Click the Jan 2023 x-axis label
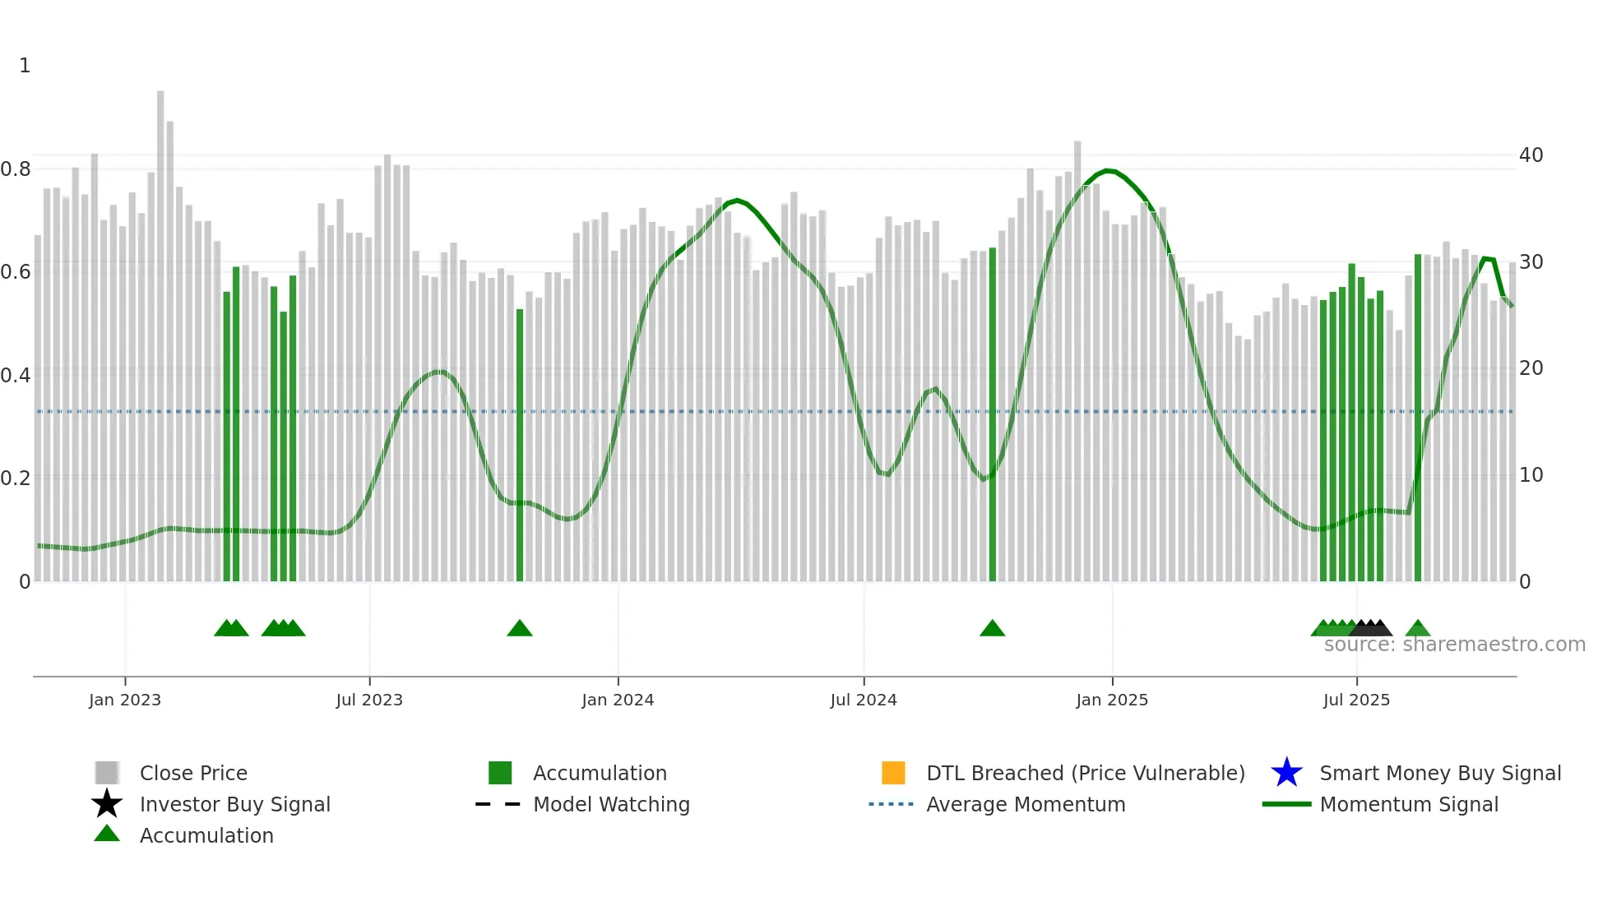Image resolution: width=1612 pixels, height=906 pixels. pos(125,700)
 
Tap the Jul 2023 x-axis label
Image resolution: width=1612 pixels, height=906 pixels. pos(369,700)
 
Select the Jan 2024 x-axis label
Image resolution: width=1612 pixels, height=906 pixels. pos(618,700)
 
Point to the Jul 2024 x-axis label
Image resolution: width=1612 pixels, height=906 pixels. pos(864,700)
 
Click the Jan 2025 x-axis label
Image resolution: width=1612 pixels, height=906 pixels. pos(1112,700)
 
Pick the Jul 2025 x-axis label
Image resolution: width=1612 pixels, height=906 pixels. pos(1356,700)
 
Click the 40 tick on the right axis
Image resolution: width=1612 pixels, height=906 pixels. pos(1531,155)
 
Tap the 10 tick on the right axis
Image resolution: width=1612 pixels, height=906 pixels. pos(1531,475)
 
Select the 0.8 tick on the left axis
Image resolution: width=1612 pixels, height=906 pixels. pos(16,169)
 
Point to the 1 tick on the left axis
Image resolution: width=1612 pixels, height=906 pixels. pos(25,66)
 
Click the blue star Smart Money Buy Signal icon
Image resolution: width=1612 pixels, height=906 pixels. pos(1286,773)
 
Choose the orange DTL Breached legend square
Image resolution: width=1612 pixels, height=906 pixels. pos(893,773)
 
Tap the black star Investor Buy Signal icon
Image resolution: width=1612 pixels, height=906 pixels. pos(107,804)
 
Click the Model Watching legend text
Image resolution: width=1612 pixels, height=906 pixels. pos(611,805)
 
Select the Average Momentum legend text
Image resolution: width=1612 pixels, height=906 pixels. pos(1026,805)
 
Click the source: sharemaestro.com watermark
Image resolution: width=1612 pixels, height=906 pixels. pos(1454,645)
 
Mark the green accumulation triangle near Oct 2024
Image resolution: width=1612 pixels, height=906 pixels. pos(993,629)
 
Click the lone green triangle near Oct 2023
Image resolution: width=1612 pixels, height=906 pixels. pos(520,629)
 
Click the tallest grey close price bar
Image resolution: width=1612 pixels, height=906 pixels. pos(161,329)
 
